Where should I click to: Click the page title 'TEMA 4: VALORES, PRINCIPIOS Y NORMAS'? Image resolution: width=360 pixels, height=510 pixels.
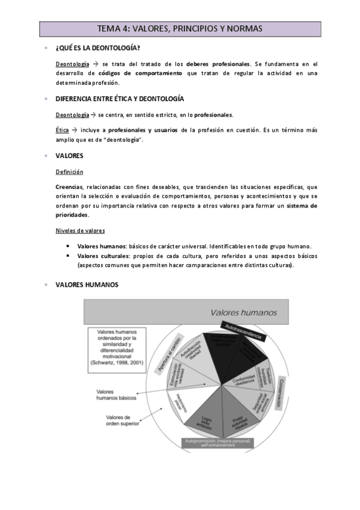[180, 28]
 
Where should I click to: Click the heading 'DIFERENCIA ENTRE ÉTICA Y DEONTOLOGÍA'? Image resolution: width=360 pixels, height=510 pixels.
[120, 99]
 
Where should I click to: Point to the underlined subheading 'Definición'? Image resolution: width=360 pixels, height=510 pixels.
[70, 171]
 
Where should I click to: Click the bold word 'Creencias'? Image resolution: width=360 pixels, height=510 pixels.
[69, 186]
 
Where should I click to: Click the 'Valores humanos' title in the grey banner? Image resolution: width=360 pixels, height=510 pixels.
[243, 312]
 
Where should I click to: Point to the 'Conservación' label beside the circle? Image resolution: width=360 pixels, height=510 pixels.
[278, 393]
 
